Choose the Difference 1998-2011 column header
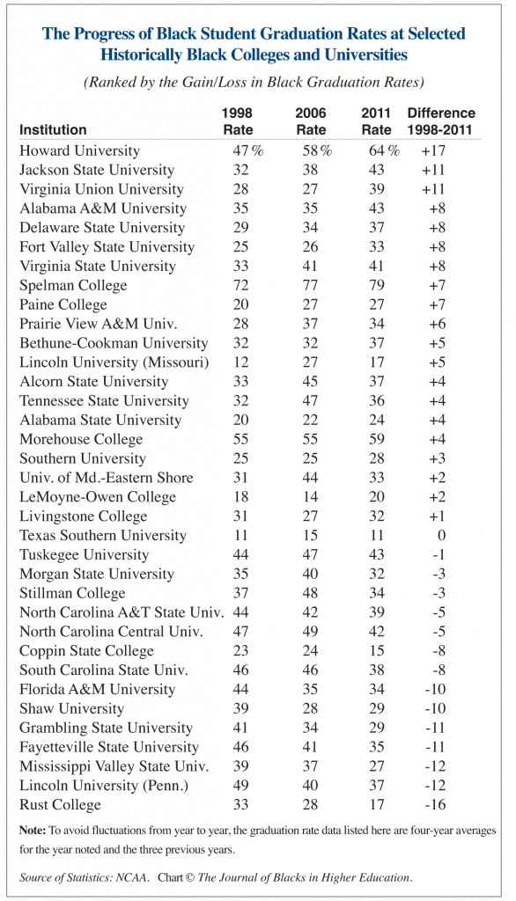[441, 121]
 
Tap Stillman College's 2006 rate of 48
[304, 593]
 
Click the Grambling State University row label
[106, 729]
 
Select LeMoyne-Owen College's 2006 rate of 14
[304, 497]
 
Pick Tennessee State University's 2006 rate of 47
[304, 401]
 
